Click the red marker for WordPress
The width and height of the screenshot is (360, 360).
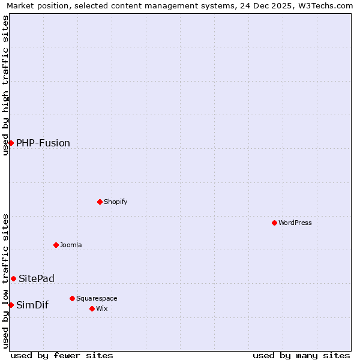(274, 223)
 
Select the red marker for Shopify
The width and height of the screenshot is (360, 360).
(100, 202)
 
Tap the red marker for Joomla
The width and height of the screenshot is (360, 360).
(56, 245)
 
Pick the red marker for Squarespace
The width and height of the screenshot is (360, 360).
(72, 298)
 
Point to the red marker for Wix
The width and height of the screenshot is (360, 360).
(92, 308)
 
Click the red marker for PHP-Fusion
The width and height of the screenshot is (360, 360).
(11, 143)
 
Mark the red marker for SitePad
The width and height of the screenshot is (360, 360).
(13, 278)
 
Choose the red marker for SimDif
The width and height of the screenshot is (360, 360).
(11, 305)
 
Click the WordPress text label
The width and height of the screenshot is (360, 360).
(295, 223)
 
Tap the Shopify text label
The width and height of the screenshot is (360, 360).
(116, 202)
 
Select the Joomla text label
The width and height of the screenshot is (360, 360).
(71, 245)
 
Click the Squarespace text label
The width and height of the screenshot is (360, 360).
(97, 298)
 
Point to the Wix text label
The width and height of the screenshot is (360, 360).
(101, 308)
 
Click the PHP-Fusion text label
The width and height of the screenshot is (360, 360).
(43, 143)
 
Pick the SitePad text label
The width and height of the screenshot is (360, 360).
(37, 278)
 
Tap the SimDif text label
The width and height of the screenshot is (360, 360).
(32, 305)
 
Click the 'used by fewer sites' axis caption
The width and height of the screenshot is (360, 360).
(62, 355)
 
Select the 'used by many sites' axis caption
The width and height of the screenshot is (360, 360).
(301, 355)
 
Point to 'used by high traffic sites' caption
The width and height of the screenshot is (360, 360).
(6, 85)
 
